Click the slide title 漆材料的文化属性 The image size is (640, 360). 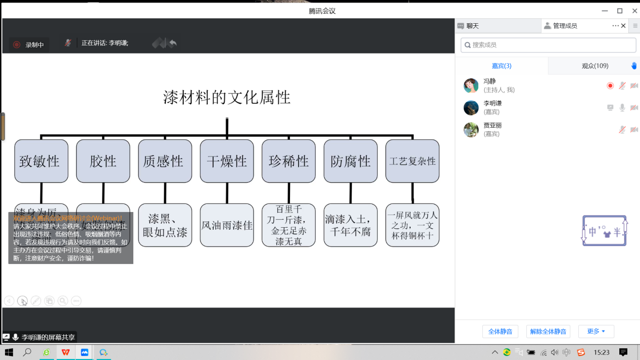pyautogui.click(x=227, y=97)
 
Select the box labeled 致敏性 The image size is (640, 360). pyautogui.click(x=41, y=161)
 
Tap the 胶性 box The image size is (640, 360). pyautogui.click(x=103, y=161)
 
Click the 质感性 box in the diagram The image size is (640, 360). pyautogui.click(x=165, y=161)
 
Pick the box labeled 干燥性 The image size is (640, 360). pyautogui.click(x=227, y=161)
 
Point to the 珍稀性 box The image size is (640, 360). pyautogui.click(x=288, y=161)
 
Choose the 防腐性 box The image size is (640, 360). pyautogui.click(x=351, y=161)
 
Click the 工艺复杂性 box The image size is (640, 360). pyautogui.click(x=412, y=161)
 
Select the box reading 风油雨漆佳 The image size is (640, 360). pyautogui.click(x=227, y=225)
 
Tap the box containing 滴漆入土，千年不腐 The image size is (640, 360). pyautogui.click(x=351, y=225)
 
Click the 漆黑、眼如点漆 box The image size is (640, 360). pyautogui.click(x=165, y=225)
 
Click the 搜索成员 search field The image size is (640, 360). pyautogui.click(x=548, y=45)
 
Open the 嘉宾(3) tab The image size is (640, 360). pyautogui.click(x=502, y=66)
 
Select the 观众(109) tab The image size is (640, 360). pyautogui.click(x=595, y=66)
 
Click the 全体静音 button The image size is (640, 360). pyautogui.click(x=500, y=332)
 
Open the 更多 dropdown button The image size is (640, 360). pyautogui.click(x=596, y=332)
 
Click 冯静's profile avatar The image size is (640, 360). pyautogui.click(x=471, y=85)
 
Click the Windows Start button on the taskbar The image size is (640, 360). pyautogui.click(x=9, y=352)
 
